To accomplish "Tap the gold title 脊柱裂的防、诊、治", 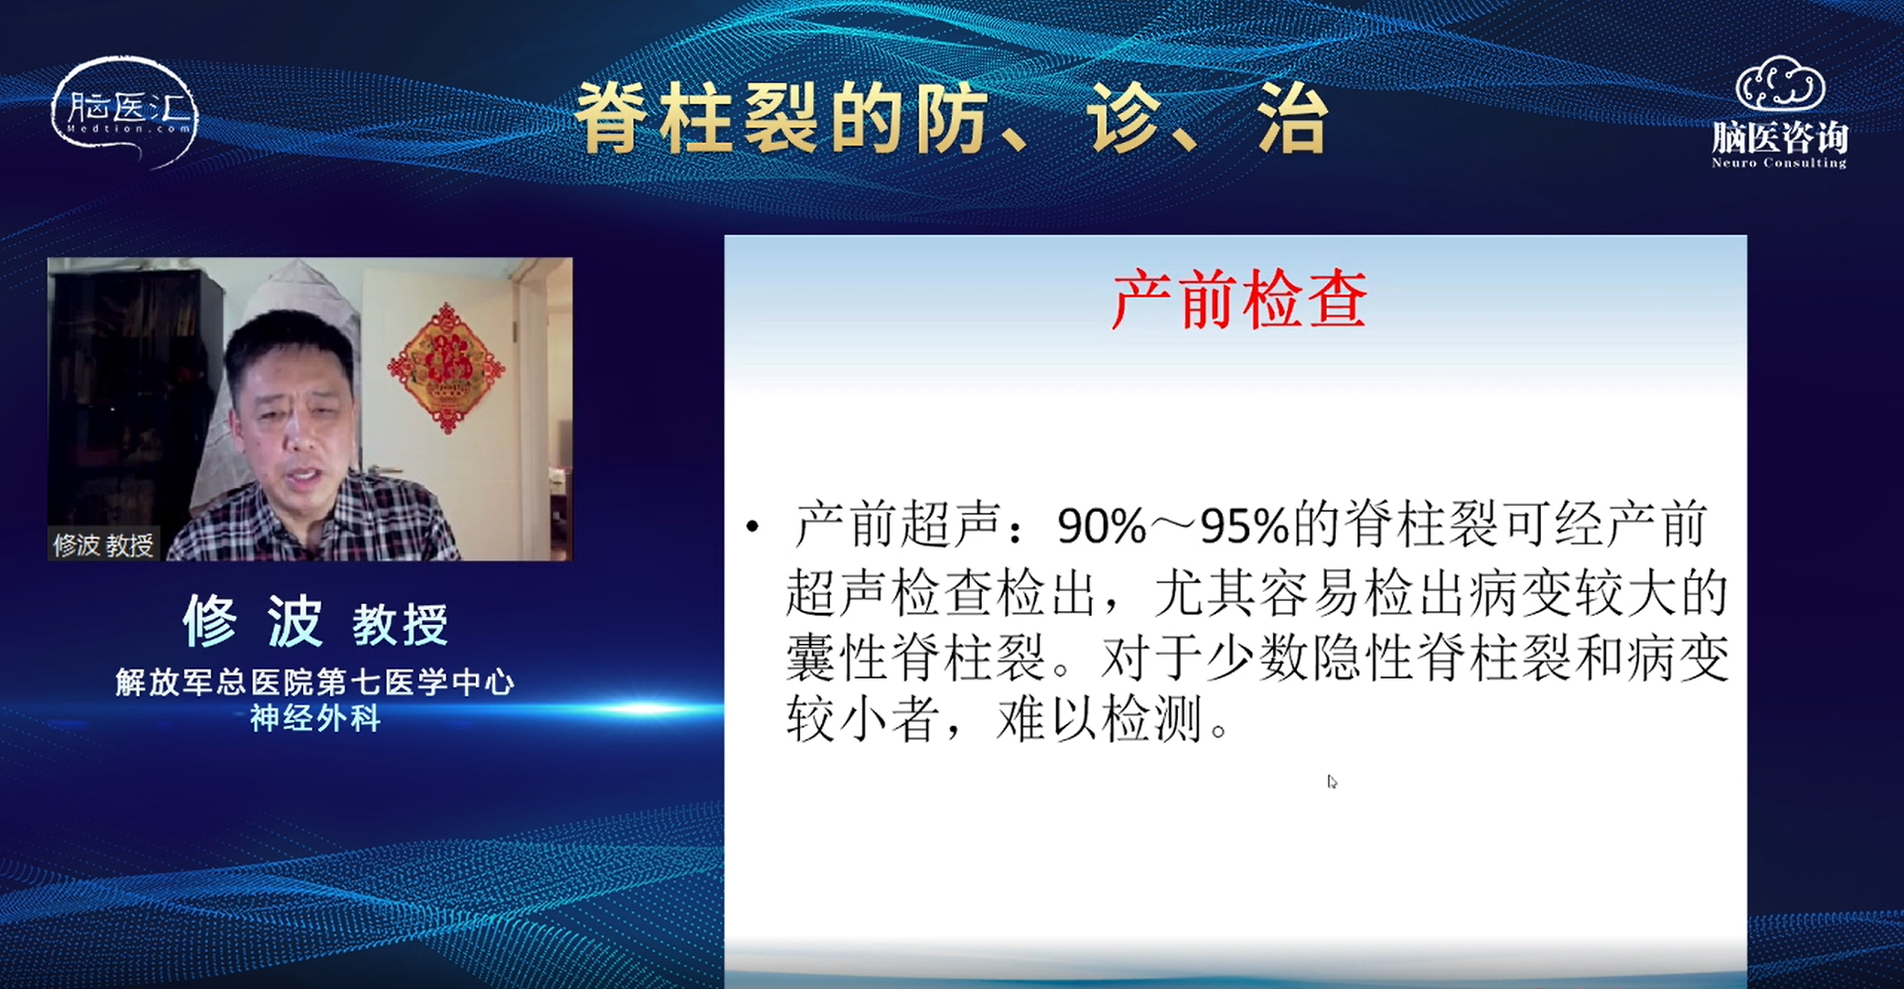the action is tap(952, 119).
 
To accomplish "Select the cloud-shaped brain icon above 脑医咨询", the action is tap(1780, 83).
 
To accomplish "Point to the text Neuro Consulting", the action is tap(1779, 163).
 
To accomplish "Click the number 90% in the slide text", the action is tap(1102, 527).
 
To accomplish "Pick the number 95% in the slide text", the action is tap(1245, 527).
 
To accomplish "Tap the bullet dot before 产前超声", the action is tap(754, 527).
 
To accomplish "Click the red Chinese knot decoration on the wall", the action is tap(445, 367).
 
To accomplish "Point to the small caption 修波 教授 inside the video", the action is tap(103, 545).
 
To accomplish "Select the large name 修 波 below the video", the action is tap(253, 622).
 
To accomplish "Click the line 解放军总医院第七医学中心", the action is tap(314, 681).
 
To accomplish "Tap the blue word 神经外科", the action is tap(314, 717).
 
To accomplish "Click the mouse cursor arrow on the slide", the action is tap(1332, 782).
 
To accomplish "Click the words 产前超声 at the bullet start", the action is tap(897, 525).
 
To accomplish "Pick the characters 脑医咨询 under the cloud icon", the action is tap(1780, 137).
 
